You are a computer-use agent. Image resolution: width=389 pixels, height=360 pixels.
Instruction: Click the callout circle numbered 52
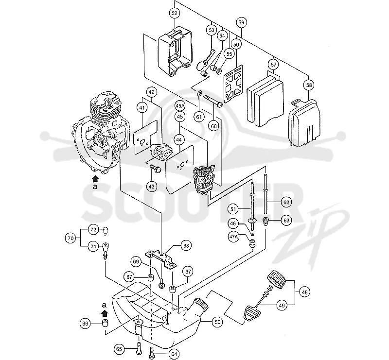175,13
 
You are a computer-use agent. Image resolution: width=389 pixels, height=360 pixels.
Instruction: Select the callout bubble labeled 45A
180,105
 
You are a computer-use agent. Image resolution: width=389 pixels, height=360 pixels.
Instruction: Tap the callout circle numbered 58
309,85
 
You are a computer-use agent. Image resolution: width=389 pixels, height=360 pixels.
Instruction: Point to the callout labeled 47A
233,237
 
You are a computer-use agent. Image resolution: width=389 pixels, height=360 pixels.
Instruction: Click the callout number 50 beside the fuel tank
217,322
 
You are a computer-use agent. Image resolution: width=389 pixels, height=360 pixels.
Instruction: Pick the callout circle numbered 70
71,238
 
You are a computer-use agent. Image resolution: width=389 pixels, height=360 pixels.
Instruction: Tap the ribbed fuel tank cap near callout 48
276,279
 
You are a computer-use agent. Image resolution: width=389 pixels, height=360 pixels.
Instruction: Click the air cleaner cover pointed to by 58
304,122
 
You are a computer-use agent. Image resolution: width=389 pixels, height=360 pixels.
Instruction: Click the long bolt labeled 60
213,101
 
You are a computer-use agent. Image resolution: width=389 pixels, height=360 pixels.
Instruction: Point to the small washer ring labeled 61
199,94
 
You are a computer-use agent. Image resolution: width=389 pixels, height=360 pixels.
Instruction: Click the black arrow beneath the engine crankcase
95,179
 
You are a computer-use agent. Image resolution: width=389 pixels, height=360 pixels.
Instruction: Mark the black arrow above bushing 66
105,313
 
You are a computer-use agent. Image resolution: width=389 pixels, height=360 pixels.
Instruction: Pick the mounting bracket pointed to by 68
160,259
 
